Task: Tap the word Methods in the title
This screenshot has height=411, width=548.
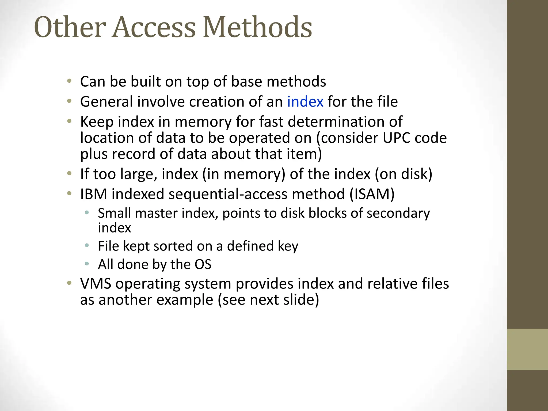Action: pos(257,27)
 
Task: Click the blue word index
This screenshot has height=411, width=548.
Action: pos(305,102)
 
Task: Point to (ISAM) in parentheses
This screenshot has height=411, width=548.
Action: pos(372,194)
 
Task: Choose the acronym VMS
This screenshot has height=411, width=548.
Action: pos(96,284)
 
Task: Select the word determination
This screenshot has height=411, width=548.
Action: pos(345,122)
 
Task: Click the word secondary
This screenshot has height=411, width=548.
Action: pos(398,213)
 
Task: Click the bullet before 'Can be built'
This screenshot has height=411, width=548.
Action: pos(69,81)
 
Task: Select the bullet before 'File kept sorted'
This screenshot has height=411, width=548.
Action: pos(86,245)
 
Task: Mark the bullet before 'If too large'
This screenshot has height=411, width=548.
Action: pos(69,173)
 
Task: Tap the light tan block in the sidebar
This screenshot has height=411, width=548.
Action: pos(527,349)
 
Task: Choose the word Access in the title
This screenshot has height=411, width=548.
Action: pos(154,27)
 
